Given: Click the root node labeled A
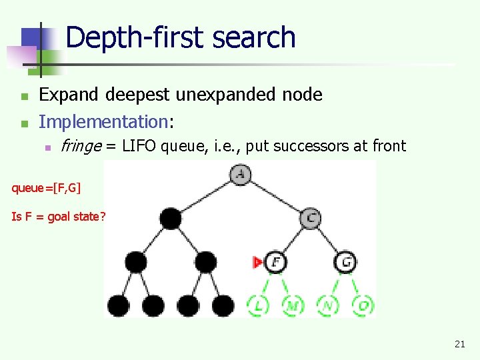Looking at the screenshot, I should pyautogui.click(x=240, y=175).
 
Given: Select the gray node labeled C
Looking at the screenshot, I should pyautogui.click(x=311, y=217).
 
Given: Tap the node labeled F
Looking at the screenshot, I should pyautogui.click(x=275, y=262).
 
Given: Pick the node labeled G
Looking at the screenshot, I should pyautogui.click(x=346, y=262).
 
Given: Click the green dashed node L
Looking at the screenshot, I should pyautogui.click(x=258, y=305).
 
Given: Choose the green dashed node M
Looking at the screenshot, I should pyautogui.click(x=293, y=305).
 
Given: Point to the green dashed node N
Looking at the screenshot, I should pyautogui.click(x=329, y=305).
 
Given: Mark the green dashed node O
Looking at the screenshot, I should pyautogui.click(x=363, y=305).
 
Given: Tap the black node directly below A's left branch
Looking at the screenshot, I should pyautogui.click(x=170, y=217).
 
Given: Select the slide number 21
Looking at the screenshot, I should pyautogui.click(x=459, y=344).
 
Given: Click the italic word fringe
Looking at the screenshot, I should pyautogui.click(x=80, y=146).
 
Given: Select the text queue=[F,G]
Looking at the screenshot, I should pyautogui.click(x=46, y=188).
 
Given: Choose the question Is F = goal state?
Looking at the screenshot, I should pyautogui.click(x=58, y=217).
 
